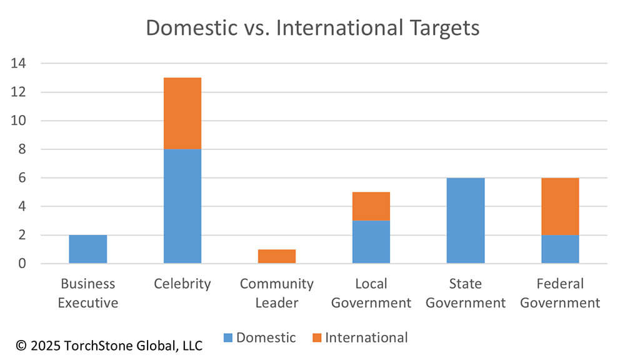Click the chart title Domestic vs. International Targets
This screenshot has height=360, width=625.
(x=312, y=28)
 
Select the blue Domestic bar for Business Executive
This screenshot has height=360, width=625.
(x=87, y=249)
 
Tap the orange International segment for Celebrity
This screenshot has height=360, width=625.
(x=182, y=113)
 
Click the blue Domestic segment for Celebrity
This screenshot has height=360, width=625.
(x=182, y=206)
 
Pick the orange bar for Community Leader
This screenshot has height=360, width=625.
(x=277, y=256)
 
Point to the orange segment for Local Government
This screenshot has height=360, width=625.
(x=371, y=206)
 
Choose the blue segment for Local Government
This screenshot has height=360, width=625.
(x=371, y=242)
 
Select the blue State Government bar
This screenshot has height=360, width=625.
(x=466, y=220)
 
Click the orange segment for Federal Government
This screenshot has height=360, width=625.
(x=560, y=206)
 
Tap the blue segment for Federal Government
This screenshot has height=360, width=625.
(x=560, y=249)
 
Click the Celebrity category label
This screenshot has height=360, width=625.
(x=182, y=284)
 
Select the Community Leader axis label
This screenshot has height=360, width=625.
(x=277, y=293)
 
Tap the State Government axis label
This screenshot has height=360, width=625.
(x=466, y=293)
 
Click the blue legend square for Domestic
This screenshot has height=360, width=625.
(x=229, y=338)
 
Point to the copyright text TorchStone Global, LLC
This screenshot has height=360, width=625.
(x=109, y=345)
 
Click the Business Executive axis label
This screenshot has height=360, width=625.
(x=87, y=293)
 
